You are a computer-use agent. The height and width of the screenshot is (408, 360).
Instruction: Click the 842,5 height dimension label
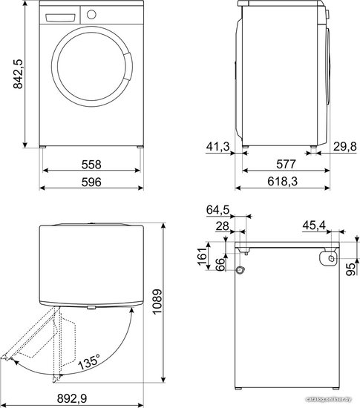(x=18, y=74)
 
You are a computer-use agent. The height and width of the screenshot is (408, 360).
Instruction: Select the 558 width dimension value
(x=91, y=165)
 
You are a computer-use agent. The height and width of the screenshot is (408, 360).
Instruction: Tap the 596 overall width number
(x=91, y=182)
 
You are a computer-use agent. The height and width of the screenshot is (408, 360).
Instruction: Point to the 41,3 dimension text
(x=218, y=146)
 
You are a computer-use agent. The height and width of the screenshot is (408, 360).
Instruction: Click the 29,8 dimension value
(x=345, y=146)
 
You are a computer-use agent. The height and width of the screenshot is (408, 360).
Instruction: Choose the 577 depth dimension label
(x=286, y=164)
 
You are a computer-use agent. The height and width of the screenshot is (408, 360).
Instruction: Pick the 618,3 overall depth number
(x=282, y=181)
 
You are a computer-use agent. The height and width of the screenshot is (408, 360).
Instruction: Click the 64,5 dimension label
(x=218, y=210)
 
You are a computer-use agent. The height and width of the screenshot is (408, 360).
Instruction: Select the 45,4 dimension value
(x=314, y=226)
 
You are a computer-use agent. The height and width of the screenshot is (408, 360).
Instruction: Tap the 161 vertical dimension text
(x=202, y=257)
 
